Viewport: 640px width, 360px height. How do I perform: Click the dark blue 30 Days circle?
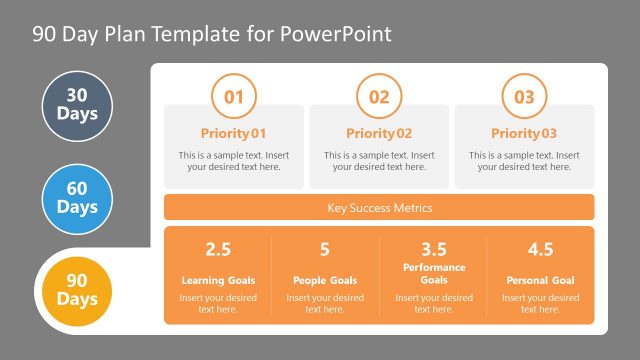click(77, 105)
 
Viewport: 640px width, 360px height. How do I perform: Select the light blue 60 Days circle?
click(77, 199)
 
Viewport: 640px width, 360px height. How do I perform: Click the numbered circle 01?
click(234, 97)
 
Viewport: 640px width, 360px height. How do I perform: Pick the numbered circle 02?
click(379, 97)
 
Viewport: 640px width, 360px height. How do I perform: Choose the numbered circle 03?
click(524, 97)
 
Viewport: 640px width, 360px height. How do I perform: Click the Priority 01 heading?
click(234, 133)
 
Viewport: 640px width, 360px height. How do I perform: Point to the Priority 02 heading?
click(379, 133)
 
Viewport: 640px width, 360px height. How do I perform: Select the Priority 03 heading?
click(524, 133)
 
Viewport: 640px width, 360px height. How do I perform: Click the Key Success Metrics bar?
click(379, 208)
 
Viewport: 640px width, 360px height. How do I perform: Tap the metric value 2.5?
click(218, 249)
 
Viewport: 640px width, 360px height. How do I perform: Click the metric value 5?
click(325, 249)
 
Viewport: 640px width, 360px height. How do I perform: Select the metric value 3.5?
click(433, 249)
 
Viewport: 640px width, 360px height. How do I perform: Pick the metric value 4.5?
click(540, 249)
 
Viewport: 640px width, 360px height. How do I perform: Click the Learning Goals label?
click(218, 280)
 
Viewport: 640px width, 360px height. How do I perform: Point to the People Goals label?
click(325, 280)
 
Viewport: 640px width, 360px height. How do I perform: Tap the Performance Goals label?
click(433, 274)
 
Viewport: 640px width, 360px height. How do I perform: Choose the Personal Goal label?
click(540, 280)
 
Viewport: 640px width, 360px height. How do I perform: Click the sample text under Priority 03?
click(524, 161)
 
